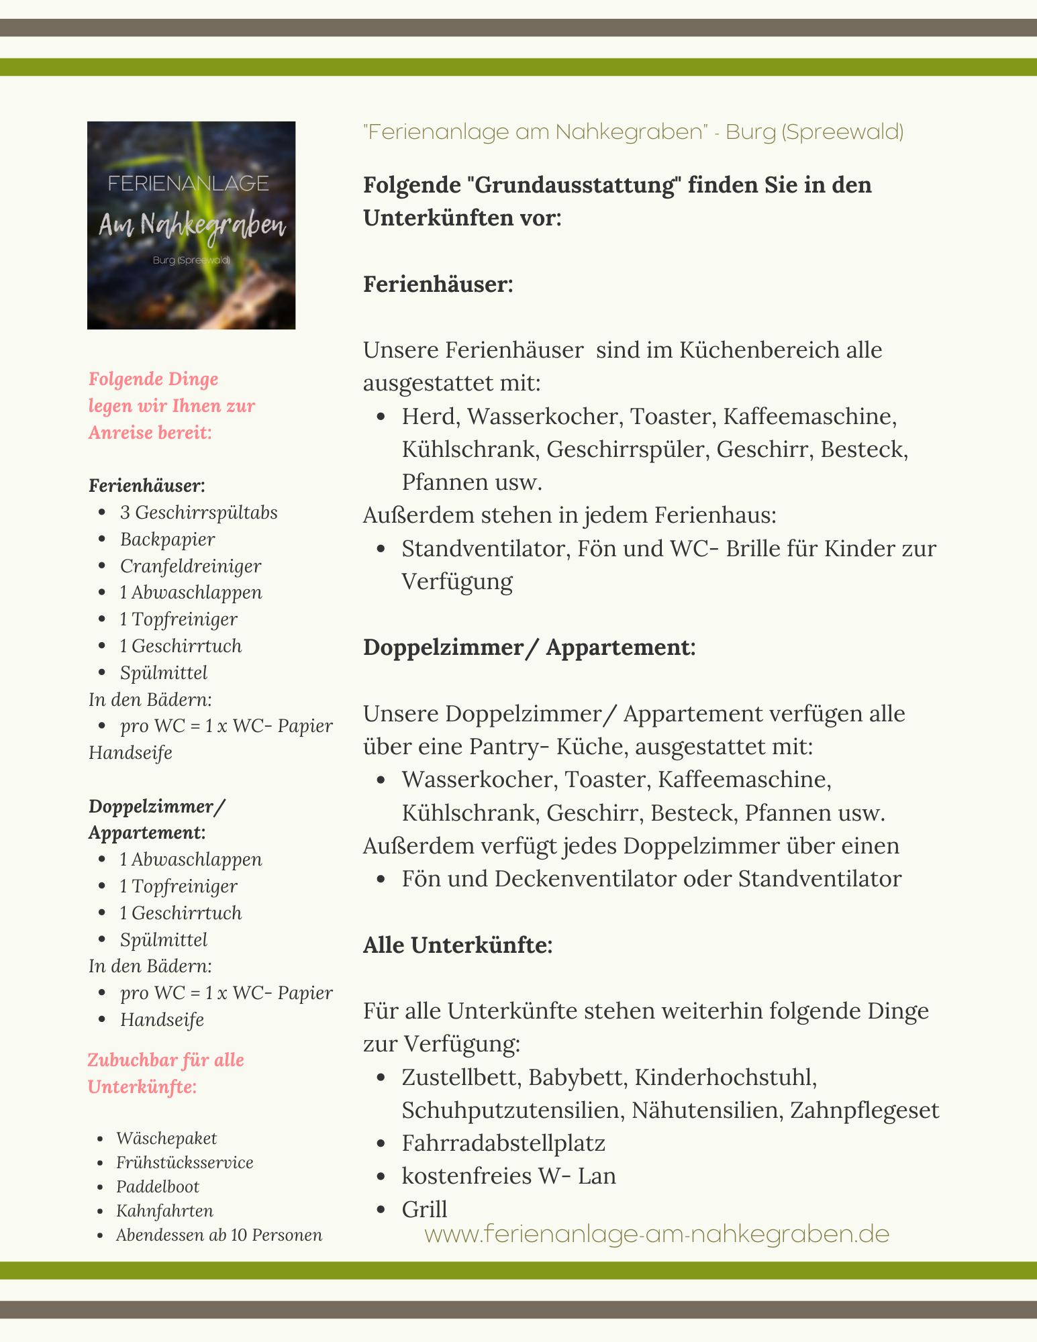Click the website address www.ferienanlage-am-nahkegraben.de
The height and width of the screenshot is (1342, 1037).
[x=656, y=1234]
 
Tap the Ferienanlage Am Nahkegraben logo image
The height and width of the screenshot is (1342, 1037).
[x=191, y=225]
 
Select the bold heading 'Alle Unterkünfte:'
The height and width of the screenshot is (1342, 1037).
[x=458, y=945]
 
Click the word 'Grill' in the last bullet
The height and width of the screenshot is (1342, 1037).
[x=424, y=1209]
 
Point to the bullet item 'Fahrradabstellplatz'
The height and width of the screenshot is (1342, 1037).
[x=503, y=1143]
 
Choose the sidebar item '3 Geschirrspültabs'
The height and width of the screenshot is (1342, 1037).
[x=199, y=513]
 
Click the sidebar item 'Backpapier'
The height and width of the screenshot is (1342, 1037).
[x=168, y=539]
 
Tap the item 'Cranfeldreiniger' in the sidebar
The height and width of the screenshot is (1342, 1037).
[x=191, y=566]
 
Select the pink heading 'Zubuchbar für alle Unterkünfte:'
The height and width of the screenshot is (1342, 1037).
[x=166, y=1074]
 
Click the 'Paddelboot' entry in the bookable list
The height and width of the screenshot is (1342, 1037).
[x=158, y=1186]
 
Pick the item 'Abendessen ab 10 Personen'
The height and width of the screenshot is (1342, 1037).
[x=219, y=1235]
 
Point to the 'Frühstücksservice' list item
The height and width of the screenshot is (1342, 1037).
[x=185, y=1162]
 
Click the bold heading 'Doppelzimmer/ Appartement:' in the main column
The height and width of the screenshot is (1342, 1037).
[x=529, y=648]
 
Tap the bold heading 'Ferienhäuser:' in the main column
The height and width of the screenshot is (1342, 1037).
[x=438, y=284]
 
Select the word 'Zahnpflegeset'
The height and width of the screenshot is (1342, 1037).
[x=865, y=1111]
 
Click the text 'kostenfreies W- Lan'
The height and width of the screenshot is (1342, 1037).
[x=509, y=1176]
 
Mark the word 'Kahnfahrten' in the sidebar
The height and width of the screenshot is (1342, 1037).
[x=164, y=1210]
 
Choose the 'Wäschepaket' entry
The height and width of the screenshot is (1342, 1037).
[x=166, y=1138]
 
